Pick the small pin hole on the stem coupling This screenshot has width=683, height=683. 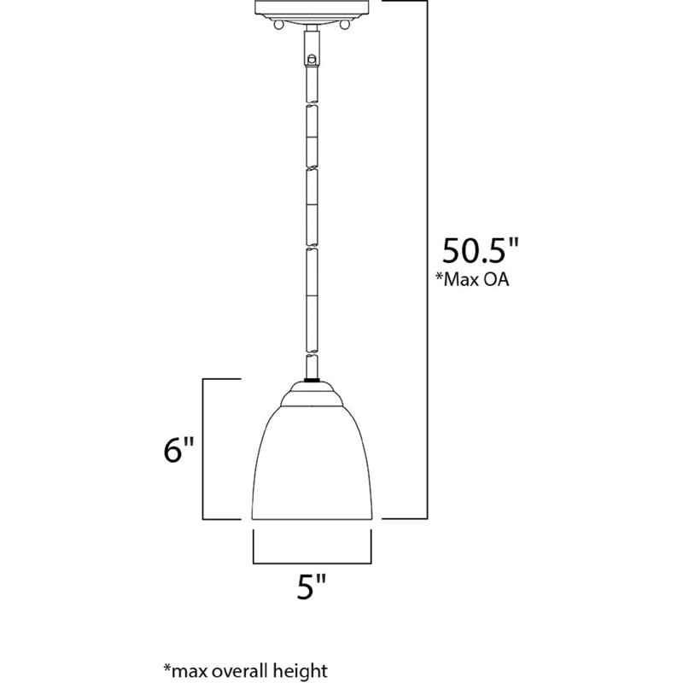coord(312,59)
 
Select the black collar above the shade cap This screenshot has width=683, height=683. coord(312,380)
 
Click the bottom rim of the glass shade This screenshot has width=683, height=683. coord(312,518)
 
